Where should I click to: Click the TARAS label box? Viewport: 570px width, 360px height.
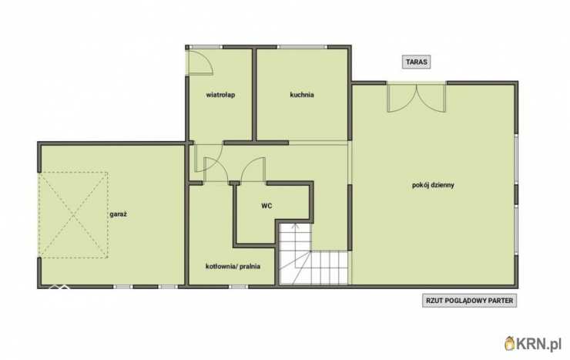pos(416,62)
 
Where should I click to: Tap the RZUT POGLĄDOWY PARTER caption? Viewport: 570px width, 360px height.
pos(469,301)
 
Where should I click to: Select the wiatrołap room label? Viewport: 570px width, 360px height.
pos(220,95)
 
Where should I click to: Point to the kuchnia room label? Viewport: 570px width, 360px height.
pos(302,95)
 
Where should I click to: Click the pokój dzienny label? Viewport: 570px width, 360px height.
pos(433,185)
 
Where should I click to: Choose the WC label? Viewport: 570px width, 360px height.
pos(267,206)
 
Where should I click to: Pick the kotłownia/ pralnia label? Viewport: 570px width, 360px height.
pos(233,267)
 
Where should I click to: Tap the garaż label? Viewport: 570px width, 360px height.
pos(118,214)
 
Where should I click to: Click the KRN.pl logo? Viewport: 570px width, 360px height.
pos(533,343)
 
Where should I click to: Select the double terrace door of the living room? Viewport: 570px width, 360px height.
pos(417,96)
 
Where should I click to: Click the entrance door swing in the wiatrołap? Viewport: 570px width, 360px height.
pos(199,62)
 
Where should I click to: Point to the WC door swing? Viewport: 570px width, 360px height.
pos(253,170)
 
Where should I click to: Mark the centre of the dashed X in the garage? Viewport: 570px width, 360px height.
pos(74,215)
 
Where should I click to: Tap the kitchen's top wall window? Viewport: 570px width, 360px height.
pos(302,47)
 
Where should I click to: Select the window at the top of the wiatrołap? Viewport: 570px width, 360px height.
pos(206,47)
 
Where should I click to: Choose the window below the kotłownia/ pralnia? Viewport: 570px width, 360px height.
pos(239,287)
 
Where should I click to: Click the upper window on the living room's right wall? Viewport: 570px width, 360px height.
pos(516,159)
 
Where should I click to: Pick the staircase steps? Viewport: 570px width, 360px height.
pos(313,254)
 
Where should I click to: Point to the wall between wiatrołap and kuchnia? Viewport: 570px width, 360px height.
pos(254,95)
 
